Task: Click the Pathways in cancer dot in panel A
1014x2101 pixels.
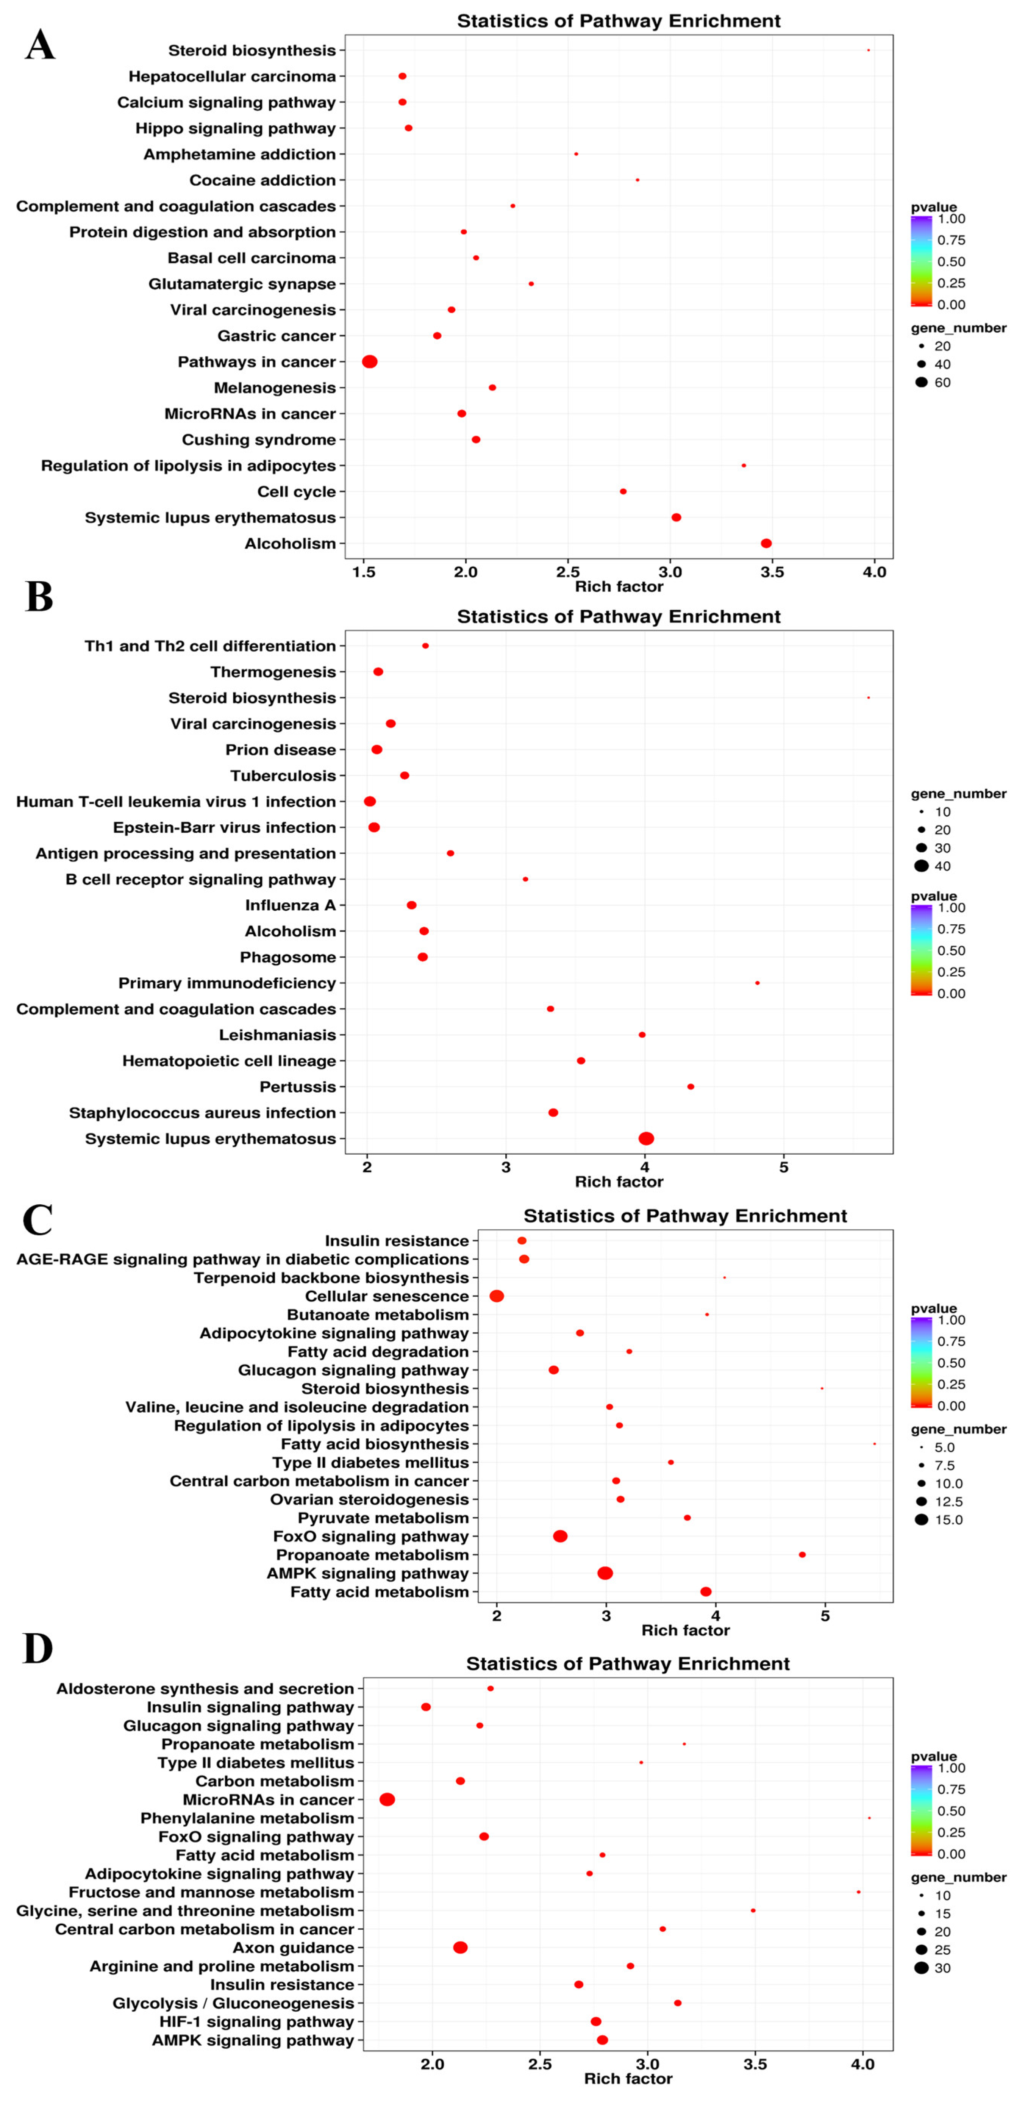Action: pyautogui.click(x=370, y=361)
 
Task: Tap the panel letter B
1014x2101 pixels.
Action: pyautogui.click(x=39, y=597)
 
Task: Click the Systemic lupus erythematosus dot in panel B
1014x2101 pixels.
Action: pyautogui.click(x=646, y=1139)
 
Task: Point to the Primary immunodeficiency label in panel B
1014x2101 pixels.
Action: pyautogui.click(x=227, y=983)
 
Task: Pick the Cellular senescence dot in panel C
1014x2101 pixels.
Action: pyautogui.click(x=497, y=1296)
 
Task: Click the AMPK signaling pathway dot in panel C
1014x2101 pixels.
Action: pyautogui.click(x=605, y=1573)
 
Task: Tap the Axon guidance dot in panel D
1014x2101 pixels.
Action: pyautogui.click(x=460, y=1948)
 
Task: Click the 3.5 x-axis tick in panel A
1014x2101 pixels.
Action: pyautogui.click(x=772, y=572)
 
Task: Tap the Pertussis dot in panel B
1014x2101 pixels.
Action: pyautogui.click(x=690, y=1086)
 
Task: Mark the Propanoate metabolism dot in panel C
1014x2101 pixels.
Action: pyautogui.click(x=802, y=1555)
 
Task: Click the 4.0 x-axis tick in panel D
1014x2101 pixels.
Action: pyautogui.click(x=862, y=2064)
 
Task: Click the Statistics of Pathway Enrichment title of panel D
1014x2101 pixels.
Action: pyautogui.click(x=627, y=1664)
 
